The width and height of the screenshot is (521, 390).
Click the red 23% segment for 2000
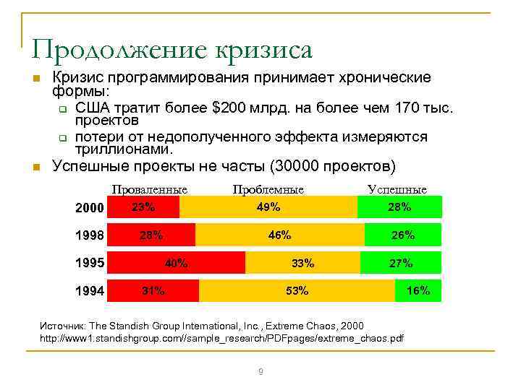pos(143,207)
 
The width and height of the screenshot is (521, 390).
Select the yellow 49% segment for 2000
pos(268,207)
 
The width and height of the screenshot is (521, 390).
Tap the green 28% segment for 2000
pos(399,207)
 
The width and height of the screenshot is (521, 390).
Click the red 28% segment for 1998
pos(151,235)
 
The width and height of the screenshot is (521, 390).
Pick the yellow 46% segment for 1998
pos(279,235)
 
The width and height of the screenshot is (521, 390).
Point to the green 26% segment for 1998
pos(402,235)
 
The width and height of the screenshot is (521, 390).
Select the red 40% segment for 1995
pos(176,263)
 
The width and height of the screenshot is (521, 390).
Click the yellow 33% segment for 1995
pos(302,263)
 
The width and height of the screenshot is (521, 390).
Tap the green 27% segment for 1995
pos(400,263)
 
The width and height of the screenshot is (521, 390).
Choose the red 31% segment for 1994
pos(153,290)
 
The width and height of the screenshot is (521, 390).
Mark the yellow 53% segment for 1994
pos(297,290)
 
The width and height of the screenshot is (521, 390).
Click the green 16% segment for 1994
pos(418,290)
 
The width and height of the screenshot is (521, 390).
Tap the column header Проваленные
pos(149,189)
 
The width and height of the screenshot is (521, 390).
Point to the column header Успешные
pos(397,189)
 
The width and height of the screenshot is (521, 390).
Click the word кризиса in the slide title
pos(265,50)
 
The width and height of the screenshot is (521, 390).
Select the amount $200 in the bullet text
pos(229,108)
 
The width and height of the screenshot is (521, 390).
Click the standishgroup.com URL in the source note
pos(221,337)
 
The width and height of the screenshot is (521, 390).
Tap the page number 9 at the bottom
pos(260,371)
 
